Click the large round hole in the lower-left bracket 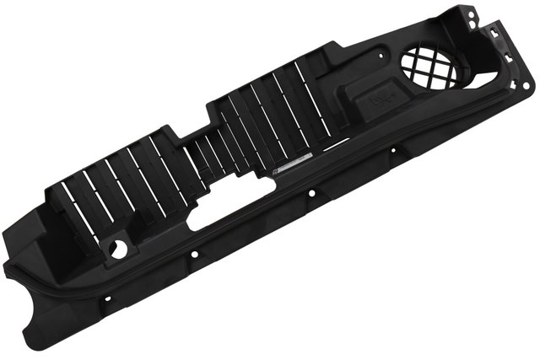pos(119,250)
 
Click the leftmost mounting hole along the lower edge pos(107,298)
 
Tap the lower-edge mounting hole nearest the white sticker pos(311,193)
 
